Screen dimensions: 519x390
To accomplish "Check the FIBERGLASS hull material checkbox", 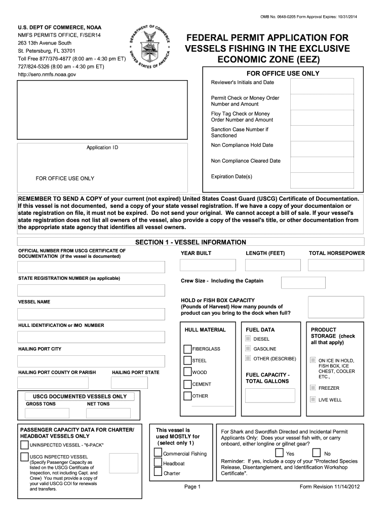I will click(187, 349).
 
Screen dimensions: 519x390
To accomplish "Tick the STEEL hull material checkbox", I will click(187, 360).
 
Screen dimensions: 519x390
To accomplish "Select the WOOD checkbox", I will click(187, 373).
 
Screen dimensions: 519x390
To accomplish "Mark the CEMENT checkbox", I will click(187, 384).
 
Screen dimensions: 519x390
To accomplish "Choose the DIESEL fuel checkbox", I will click(248, 339).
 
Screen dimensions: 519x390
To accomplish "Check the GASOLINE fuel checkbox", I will click(248, 349).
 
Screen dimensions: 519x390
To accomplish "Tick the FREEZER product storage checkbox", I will click(313, 388).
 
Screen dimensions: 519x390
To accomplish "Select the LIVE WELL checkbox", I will click(313, 399).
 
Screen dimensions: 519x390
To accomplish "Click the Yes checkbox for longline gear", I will click(279, 453).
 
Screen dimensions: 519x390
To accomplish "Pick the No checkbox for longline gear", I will click(317, 453).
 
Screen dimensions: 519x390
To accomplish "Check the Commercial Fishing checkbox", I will click(158, 453).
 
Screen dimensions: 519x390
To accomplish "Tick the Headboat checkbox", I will click(158, 463).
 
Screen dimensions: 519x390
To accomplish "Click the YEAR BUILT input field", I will click(208, 265).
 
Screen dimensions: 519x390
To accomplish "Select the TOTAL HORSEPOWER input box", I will click(336, 265).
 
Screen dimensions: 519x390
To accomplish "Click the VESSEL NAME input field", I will click(91, 314).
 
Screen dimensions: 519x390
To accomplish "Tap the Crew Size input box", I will click(296, 282).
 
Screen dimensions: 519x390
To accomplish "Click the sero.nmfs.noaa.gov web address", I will click(47, 75).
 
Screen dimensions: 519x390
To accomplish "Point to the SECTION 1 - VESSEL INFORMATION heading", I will click(190, 242).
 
